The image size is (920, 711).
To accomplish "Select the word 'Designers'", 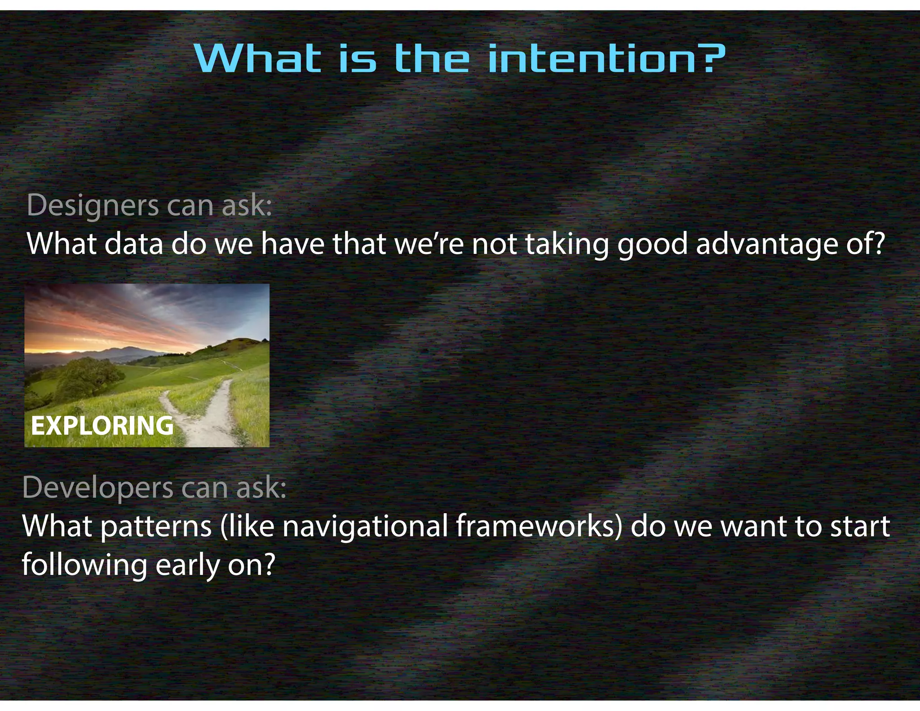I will [x=93, y=205].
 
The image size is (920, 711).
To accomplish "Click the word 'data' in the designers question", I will [x=133, y=244].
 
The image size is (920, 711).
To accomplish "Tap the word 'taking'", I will [x=567, y=244].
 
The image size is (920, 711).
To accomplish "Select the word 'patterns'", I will [x=156, y=527].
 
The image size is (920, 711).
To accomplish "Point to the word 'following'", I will [x=84, y=565].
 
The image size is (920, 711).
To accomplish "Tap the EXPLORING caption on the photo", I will [x=102, y=425].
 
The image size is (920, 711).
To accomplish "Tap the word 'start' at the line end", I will [x=860, y=527].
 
